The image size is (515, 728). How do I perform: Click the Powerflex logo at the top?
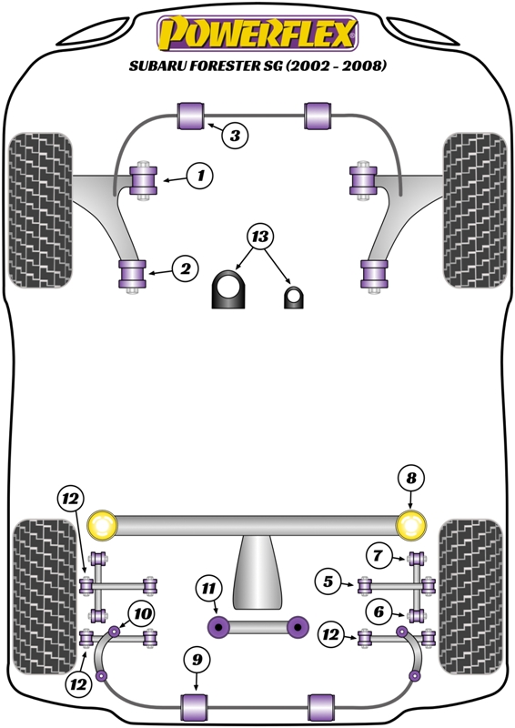tap(257, 34)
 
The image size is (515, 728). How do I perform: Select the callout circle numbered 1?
tap(202, 175)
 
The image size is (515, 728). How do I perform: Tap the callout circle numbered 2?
tap(186, 268)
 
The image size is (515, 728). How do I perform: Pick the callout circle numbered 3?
tap(234, 136)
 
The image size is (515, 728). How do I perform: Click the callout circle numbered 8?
tap(411, 478)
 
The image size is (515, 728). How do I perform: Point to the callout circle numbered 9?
tap(195, 659)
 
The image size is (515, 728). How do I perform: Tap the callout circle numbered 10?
tap(142, 613)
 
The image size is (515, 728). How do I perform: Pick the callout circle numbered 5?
tap(328, 580)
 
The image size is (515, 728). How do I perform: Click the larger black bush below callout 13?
tap(230, 290)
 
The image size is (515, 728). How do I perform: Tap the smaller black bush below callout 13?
tap(293, 297)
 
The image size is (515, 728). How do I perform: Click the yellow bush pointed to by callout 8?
tap(412, 525)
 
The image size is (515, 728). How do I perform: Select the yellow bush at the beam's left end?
tap(103, 525)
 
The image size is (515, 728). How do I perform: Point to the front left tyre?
tap(41, 211)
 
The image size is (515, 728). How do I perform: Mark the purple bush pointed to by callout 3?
tap(190, 116)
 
